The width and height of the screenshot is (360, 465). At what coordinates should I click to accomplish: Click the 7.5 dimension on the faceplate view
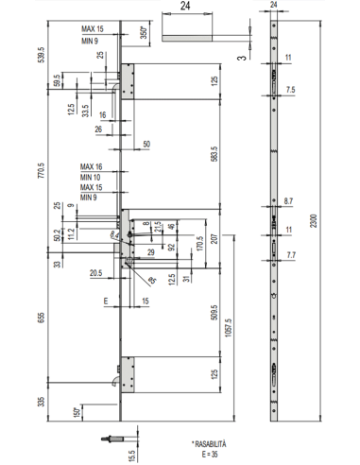tap(291, 90)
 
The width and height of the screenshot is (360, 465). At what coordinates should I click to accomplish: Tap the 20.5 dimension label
tap(95, 273)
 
